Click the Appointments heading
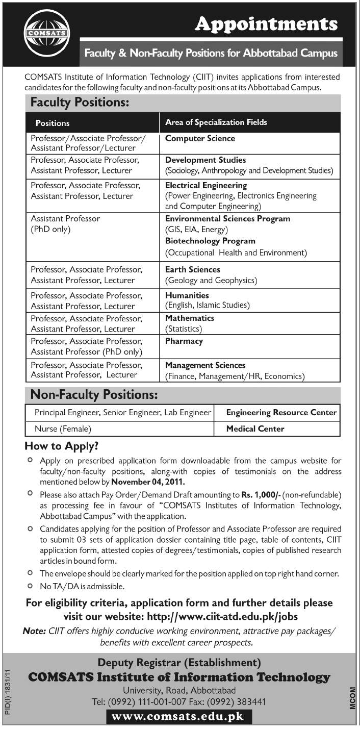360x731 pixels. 267,23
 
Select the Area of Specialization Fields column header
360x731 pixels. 216,122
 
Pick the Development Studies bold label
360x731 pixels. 205,160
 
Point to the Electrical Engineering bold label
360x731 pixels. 206,186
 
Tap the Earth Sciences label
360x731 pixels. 193,269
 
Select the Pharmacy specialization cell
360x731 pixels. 184,341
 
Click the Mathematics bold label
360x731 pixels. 190,318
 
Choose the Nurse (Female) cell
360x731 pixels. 63,428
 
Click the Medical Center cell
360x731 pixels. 255,428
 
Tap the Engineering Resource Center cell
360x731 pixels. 281,412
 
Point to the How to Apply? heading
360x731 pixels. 62,446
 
